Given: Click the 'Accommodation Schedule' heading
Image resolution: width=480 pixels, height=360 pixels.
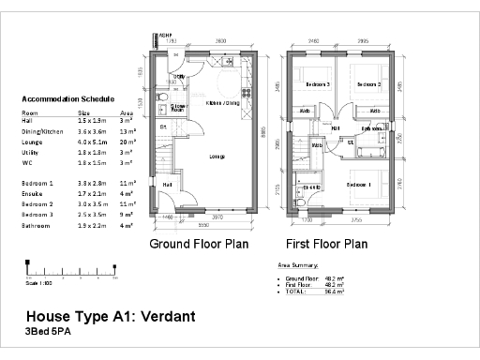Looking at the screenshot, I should (x=67, y=98).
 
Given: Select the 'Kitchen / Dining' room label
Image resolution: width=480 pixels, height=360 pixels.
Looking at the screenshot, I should (x=221, y=103).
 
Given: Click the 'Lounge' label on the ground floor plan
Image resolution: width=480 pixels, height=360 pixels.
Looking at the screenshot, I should (x=217, y=156).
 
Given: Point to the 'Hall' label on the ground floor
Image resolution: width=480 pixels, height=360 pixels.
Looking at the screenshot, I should (x=166, y=184).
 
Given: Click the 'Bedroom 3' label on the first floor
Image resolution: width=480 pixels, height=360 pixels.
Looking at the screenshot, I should (x=316, y=84).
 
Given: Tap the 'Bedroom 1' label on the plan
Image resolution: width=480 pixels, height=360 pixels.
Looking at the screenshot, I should (x=360, y=185).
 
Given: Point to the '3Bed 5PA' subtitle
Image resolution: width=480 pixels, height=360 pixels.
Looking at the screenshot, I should (x=48, y=333).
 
